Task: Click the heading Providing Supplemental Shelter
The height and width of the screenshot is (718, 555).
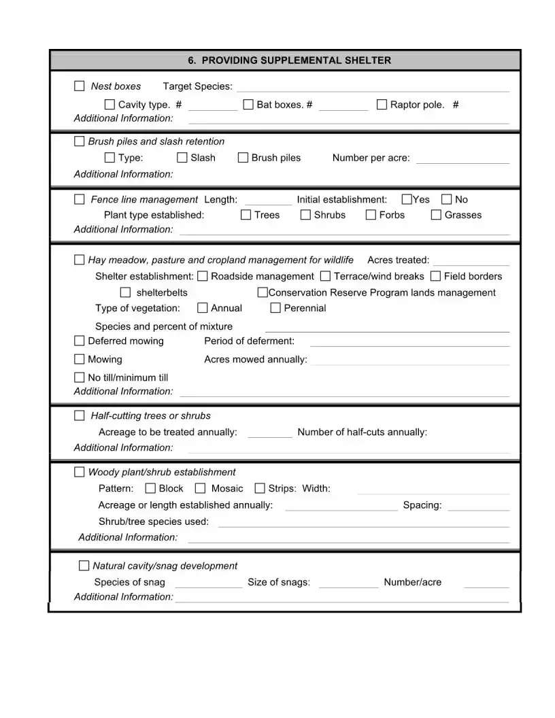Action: [x=289, y=61]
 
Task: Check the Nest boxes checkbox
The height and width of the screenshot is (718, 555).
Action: [x=80, y=86]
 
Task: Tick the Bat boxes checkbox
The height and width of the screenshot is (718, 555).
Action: [x=248, y=105]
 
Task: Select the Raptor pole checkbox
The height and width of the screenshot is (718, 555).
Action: [x=382, y=105]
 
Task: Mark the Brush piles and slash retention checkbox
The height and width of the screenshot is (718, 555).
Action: [x=80, y=141]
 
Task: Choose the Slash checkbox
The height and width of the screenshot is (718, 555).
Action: [x=182, y=158]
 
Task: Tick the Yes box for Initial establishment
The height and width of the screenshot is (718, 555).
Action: [x=407, y=199]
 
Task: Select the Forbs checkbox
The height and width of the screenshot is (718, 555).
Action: [x=371, y=215]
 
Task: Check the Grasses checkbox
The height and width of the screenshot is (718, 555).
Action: [x=437, y=215]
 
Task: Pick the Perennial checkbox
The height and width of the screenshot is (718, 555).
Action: [x=275, y=308]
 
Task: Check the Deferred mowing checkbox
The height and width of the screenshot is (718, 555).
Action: [x=80, y=341]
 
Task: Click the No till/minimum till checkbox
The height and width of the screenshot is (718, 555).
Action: [x=80, y=377]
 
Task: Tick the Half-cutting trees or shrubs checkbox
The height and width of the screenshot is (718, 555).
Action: [x=80, y=415]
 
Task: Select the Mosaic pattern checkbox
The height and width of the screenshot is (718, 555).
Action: [x=201, y=488]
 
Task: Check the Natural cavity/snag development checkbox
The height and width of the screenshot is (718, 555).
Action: [x=84, y=566]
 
